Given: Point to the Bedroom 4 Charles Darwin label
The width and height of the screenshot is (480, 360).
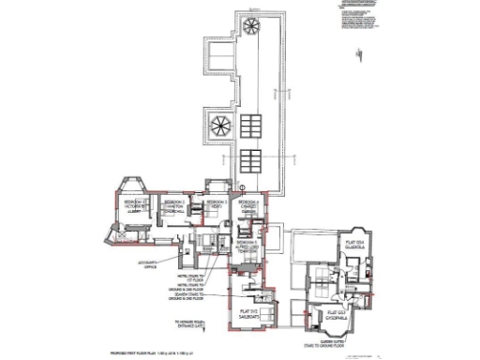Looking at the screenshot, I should (248, 206).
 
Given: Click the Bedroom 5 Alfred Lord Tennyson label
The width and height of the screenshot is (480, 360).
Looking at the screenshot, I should (247, 246).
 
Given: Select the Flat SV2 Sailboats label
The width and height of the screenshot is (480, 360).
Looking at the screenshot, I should (247, 314).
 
